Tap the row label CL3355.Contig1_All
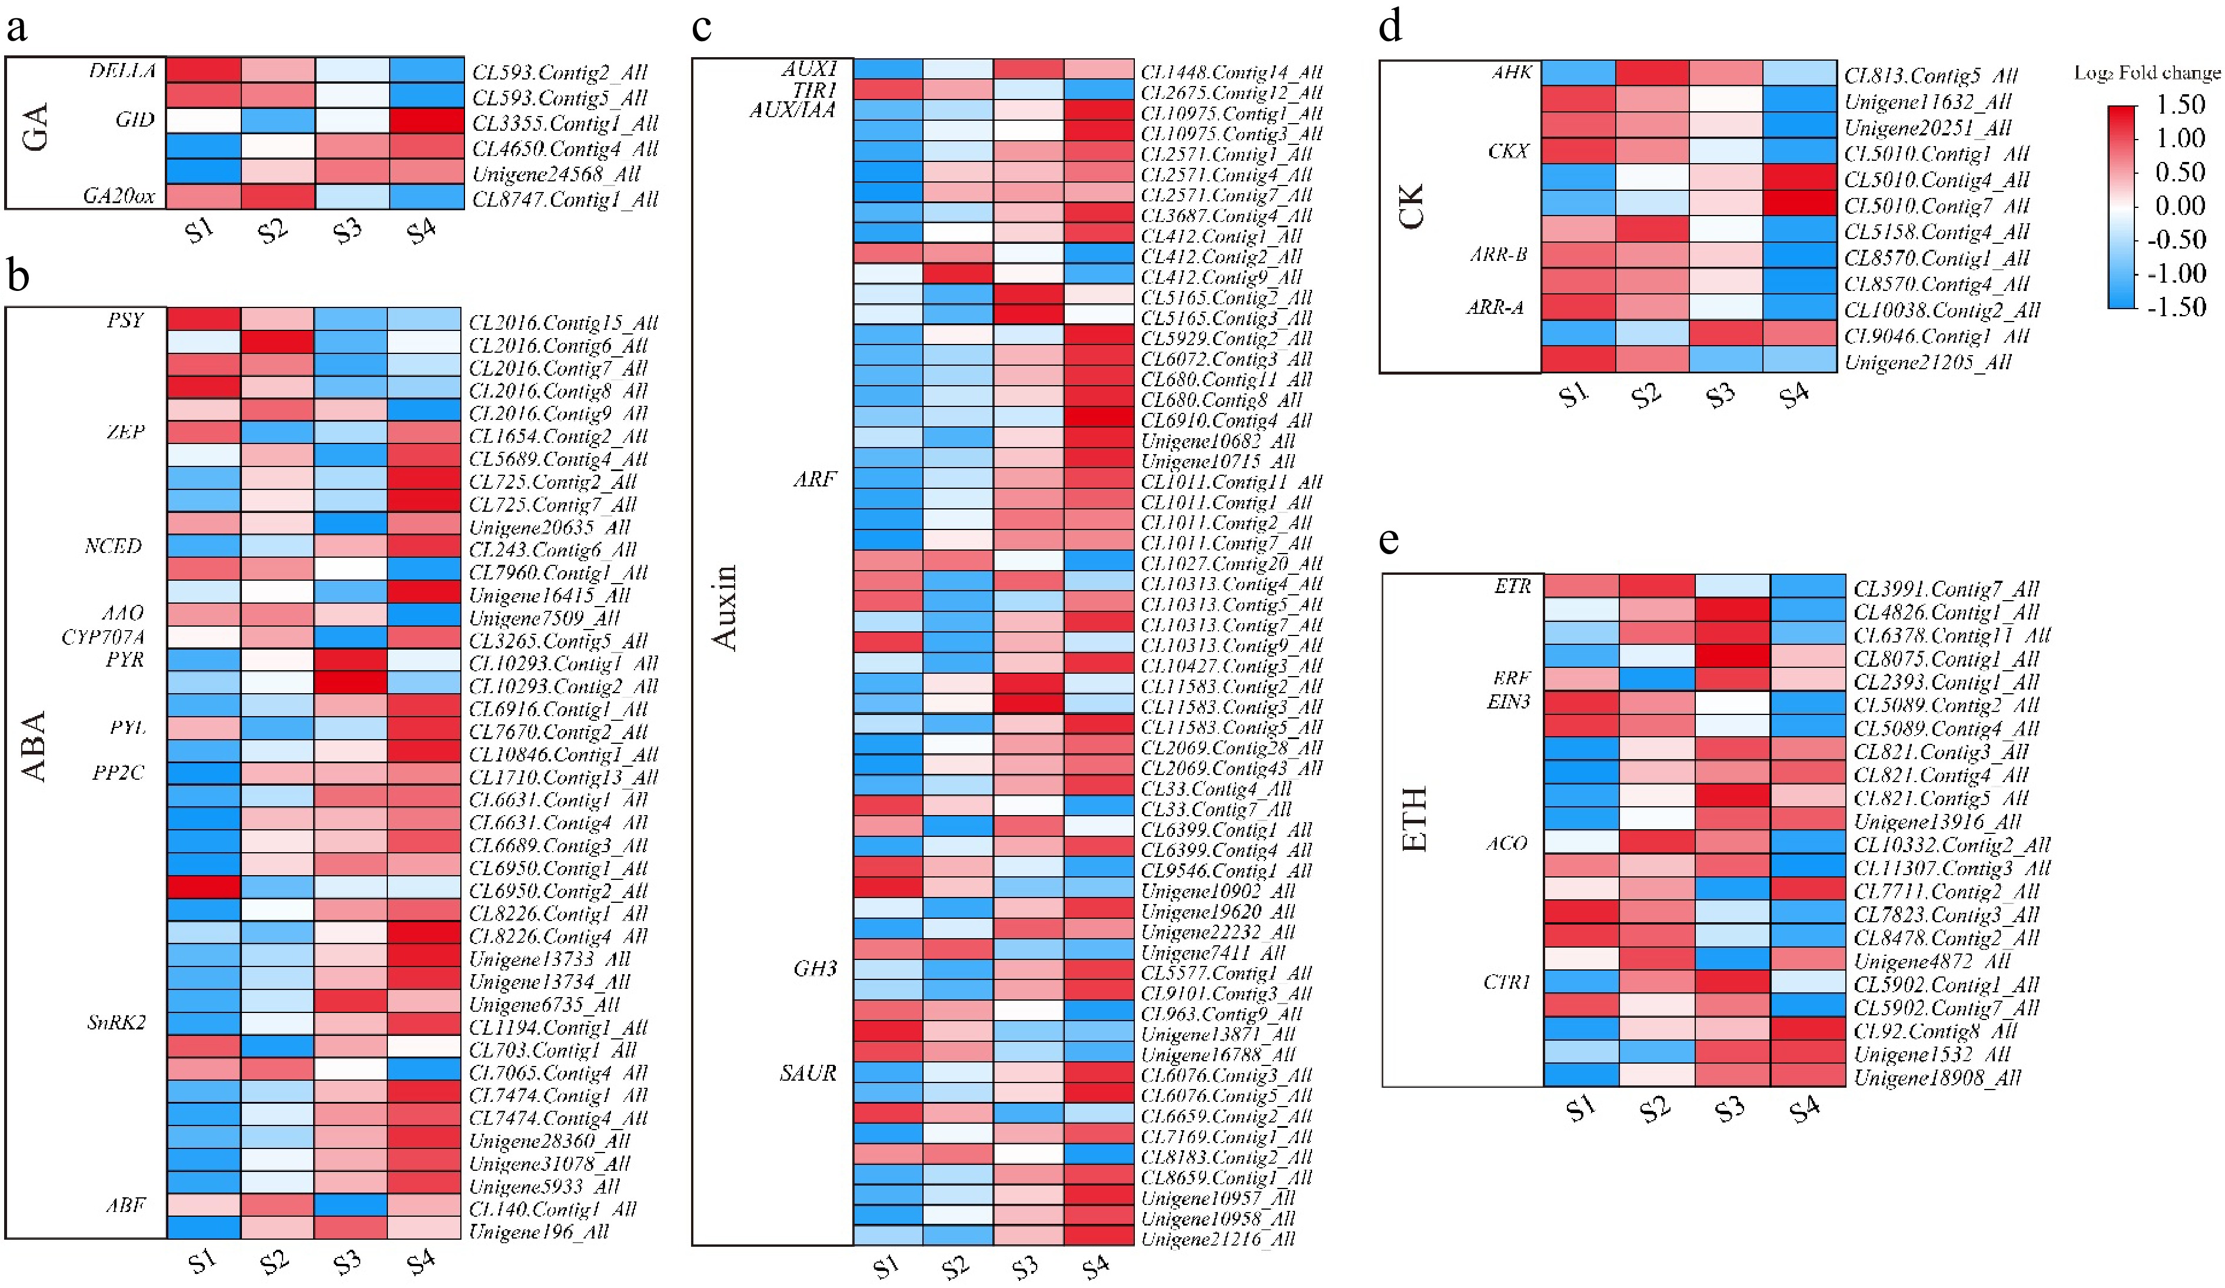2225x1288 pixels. pos(565,122)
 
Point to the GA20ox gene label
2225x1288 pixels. pos(119,196)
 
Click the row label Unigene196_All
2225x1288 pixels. pos(539,1231)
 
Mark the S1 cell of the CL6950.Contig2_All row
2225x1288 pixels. pos(204,887)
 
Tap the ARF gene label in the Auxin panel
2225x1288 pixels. pos(814,479)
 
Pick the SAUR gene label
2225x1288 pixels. pos(808,1073)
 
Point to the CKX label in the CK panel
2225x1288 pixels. pos(1508,151)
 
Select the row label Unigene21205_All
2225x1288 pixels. pos(1927,362)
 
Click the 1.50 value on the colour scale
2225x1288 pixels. pos(2180,105)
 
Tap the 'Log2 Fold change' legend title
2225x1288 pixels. pos(2147,72)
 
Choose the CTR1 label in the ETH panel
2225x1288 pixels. pos(1506,982)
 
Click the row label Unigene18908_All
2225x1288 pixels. pos(1937,1078)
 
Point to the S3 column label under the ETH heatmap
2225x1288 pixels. pos(1729,1108)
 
